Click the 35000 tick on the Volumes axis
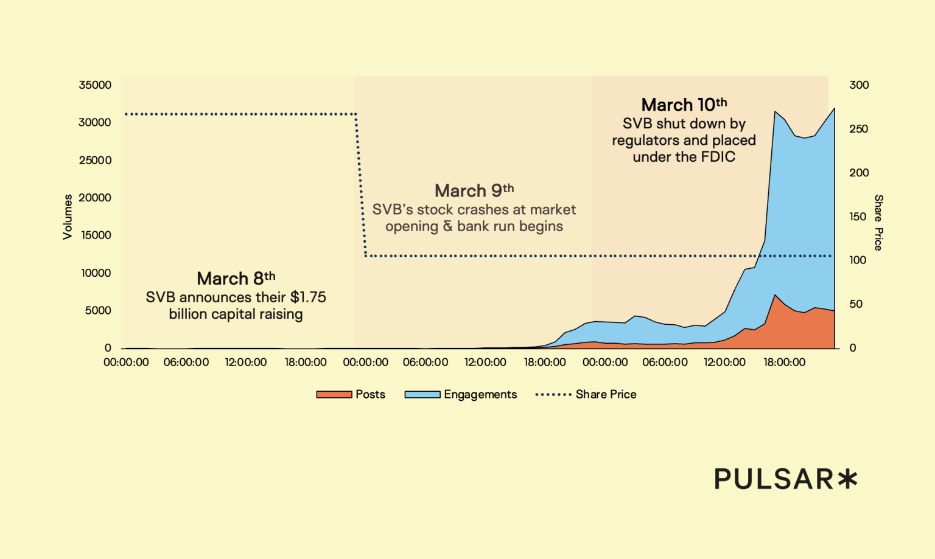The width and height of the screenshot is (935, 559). point(95,85)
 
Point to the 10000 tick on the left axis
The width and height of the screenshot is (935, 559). point(96,273)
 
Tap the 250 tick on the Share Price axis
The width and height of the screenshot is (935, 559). point(858,129)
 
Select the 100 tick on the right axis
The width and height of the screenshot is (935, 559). point(858,260)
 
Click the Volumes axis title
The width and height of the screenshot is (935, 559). point(68,217)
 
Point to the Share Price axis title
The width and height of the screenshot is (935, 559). point(878,223)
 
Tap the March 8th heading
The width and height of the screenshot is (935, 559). point(236,279)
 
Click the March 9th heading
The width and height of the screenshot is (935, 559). point(474,191)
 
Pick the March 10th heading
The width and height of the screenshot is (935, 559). point(684,105)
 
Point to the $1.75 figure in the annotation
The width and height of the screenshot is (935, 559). point(308,297)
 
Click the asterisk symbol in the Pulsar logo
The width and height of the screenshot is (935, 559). point(847,479)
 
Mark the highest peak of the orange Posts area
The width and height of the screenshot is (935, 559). point(775,295)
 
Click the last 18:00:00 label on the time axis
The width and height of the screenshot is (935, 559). point(784,363)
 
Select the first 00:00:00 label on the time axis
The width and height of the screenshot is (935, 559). point(126,363)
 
